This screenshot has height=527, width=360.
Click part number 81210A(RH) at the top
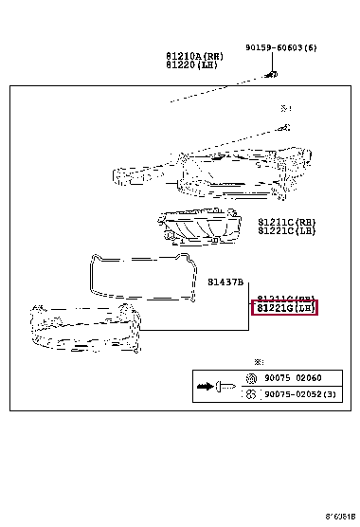pyautogui.click(x=196, y=56)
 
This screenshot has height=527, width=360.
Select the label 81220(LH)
pyautogui.click(x=196, y=65)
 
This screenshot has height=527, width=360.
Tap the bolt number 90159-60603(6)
pyautogui.click(x=280, y=47)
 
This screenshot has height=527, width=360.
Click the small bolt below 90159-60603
pyautogui.click(x=271, y=73)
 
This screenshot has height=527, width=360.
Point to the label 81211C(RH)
pyautogui.click(x=286, y=222)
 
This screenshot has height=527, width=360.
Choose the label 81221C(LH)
pyautogui.click(x=286, y=232)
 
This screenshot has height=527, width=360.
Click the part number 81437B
pyautogui.click(x=226, y=282)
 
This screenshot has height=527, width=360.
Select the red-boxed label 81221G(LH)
pyautogui.click(x=284, y=308)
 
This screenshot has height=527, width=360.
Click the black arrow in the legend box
pyautogui.click(x=204, y=387)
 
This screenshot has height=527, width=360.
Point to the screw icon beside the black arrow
pyautogui.click(x=225, y=387)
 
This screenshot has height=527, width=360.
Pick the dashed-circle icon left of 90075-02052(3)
pyautogui.click(x=251, y=394)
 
